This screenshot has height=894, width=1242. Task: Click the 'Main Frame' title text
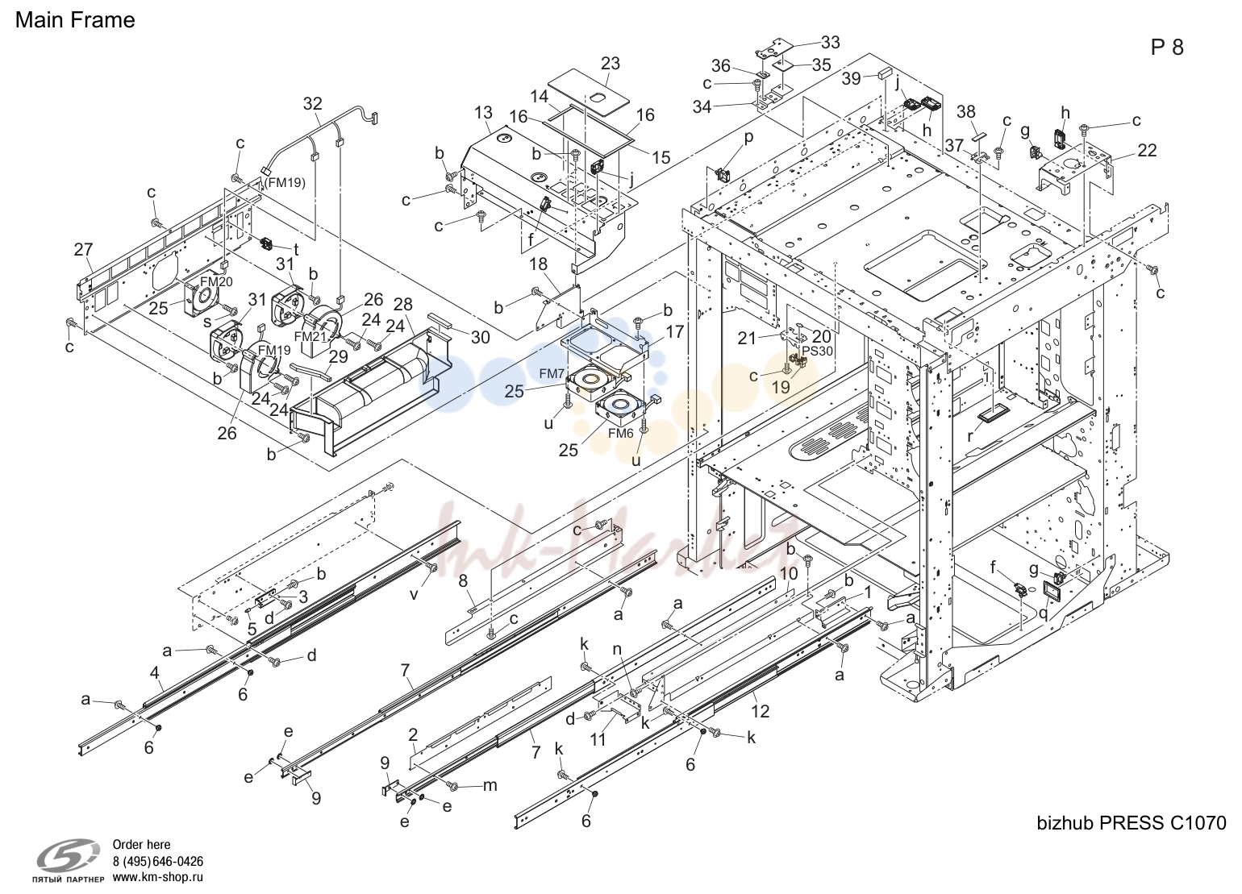click(75, 20)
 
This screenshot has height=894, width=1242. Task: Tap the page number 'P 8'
click(1167, 48)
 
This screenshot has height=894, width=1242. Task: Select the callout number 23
click(610, 63)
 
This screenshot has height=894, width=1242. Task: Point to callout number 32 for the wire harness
click(313, 104)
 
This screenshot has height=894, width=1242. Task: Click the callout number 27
click(83, 250)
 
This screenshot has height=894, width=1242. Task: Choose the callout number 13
click(483, 113)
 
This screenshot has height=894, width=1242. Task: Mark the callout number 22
click(1147, 150)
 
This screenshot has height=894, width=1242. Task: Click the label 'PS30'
click(818, 351)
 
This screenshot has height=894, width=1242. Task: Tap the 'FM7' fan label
click(552, 374)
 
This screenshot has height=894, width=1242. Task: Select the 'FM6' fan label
click(620, 434)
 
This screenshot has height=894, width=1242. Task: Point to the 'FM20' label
click(216, 281)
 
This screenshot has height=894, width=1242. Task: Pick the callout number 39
click(851, 78)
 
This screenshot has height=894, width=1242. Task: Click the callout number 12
click(761, 710)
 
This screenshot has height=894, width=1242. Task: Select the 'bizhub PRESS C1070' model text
click(1132, 823)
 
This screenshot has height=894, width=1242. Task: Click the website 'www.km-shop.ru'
click(158, 877)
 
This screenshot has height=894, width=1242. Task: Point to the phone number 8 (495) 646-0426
click(158, 862)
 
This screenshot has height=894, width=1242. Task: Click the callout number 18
click(538, 264)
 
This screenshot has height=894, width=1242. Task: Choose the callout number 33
click(830, 42)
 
